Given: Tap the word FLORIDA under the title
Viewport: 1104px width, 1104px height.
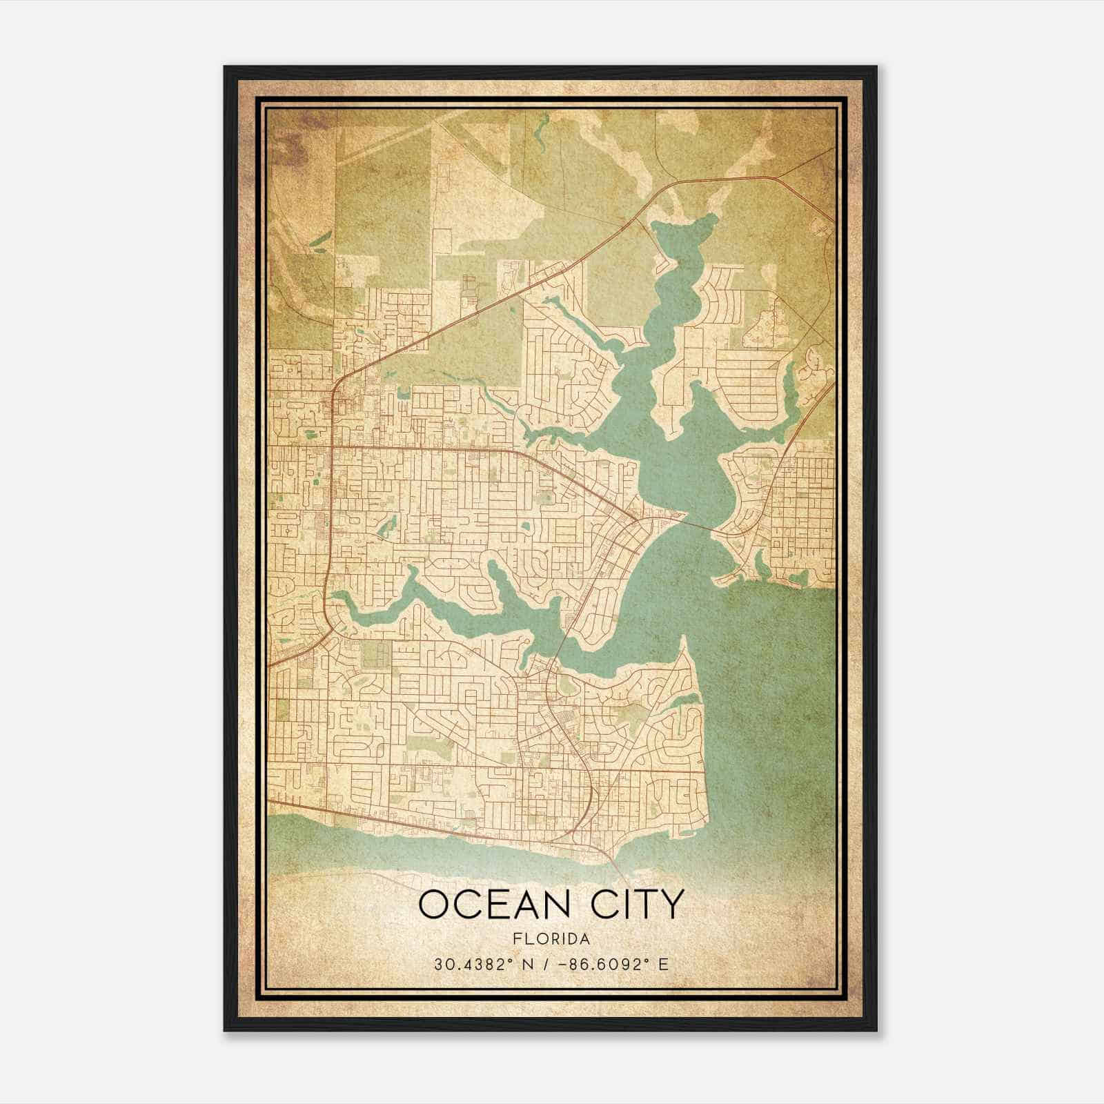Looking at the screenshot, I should coord(551,939).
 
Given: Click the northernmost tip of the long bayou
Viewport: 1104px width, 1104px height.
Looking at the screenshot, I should coord(711,218).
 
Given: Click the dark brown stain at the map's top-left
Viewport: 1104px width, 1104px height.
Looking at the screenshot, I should coord(286,148).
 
